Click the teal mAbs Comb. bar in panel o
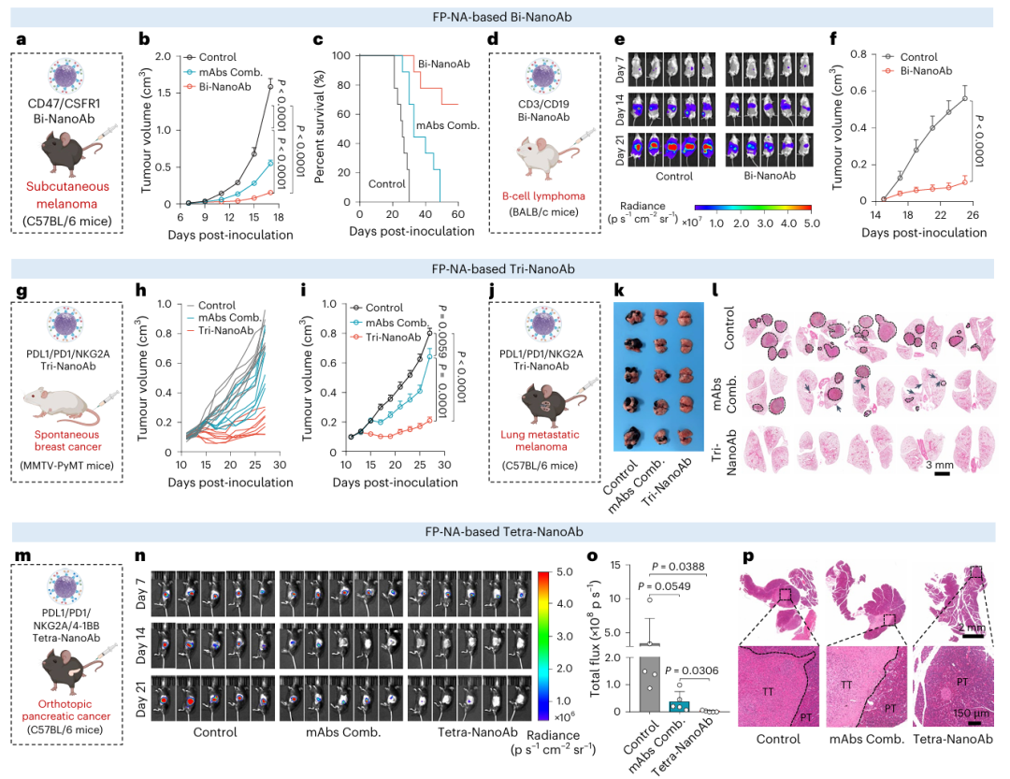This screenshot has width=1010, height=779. (678, 704)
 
